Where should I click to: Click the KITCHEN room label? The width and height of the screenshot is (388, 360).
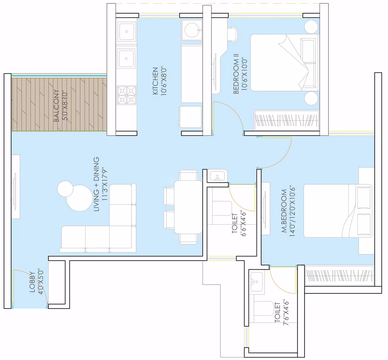point(155,81)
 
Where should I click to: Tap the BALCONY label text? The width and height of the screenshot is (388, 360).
point(57,106)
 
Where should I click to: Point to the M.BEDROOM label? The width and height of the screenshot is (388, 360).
point(284,211)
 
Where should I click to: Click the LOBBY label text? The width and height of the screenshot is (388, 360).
point(32,282)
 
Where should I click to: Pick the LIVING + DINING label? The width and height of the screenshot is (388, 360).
point(96,184)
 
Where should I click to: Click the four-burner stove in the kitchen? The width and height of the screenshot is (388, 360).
point(127,95)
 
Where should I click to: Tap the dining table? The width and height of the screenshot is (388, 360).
point(188,207)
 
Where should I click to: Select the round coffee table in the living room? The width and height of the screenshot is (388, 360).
point(79,198)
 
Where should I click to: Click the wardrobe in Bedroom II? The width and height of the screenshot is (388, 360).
point(286,120)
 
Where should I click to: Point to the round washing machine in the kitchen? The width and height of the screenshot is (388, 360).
point(192,30)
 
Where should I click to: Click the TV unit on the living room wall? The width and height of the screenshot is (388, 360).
point(16,187)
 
